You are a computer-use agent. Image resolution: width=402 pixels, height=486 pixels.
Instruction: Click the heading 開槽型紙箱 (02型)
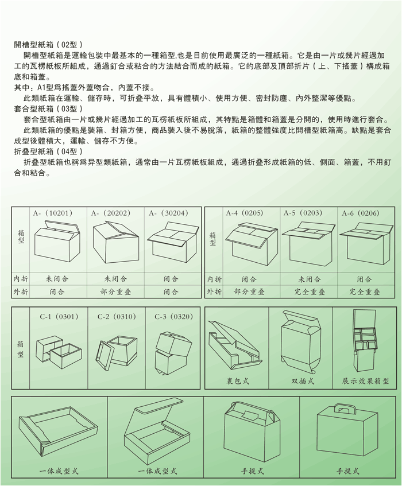coord(48,45)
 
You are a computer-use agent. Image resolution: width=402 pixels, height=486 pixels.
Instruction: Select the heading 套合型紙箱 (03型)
coord(48,109)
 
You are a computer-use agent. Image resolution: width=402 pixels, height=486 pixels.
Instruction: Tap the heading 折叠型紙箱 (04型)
coord(48,151)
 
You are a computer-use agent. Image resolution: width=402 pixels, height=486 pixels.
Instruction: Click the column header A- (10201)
coord(53,213)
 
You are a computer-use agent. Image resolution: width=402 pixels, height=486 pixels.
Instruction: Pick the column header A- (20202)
coord(111,213)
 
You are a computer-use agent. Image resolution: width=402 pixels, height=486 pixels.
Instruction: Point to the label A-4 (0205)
coord(245,213)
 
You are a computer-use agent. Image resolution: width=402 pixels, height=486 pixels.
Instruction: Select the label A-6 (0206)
coord(361,213)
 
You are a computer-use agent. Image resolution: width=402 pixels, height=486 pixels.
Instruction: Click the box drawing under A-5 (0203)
coord(308,242)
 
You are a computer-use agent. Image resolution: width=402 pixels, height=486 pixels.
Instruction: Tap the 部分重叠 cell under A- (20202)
coord(115,291)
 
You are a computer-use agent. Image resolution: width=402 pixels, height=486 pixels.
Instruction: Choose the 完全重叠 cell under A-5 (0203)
coord(310,291)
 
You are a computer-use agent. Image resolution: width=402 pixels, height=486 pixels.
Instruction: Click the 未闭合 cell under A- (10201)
coord(57,279)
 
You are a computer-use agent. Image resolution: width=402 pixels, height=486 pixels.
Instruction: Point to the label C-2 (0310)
coord(117,317)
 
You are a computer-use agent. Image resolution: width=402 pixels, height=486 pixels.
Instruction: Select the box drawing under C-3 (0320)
coord(172,353)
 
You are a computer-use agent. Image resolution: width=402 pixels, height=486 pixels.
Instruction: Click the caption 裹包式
coord(238,381)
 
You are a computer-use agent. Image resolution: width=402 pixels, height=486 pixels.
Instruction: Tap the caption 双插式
coord(303,381)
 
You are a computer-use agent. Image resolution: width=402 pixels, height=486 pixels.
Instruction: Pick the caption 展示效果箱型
coord(365,381)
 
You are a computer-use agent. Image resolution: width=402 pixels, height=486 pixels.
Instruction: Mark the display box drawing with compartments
coord(365,340)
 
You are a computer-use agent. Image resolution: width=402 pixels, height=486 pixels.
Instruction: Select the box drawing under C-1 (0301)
coord(59,352)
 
